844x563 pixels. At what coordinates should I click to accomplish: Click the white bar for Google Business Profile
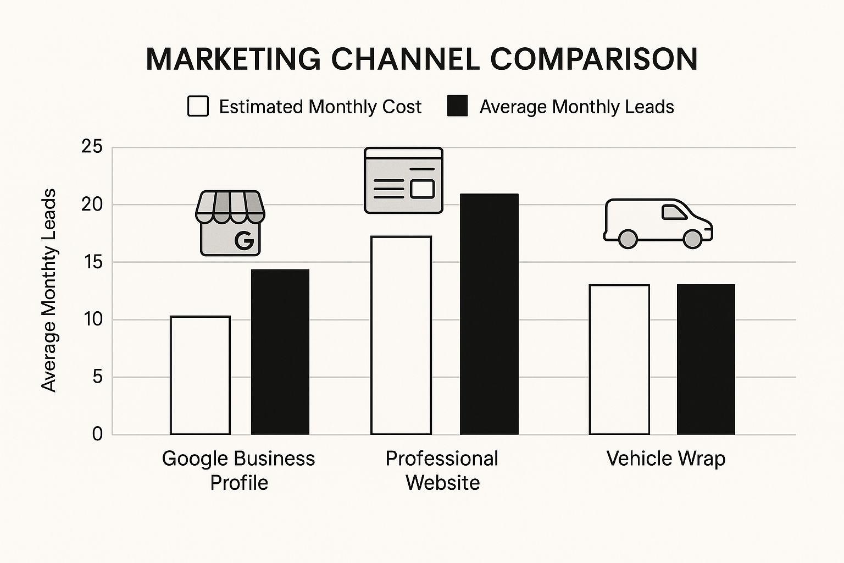(200, 376)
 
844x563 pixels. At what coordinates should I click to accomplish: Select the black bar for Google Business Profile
(280, 352)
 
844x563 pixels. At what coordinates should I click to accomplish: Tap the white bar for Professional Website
(401, 335)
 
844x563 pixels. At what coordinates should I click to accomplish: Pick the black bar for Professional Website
(489, 314)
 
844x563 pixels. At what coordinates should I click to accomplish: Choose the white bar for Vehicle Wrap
(619, 360)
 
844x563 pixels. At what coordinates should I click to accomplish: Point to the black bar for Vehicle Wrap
(706, 360)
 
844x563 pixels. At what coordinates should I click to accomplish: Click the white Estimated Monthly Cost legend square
(198, 106)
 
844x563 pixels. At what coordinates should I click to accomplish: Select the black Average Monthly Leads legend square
(457, 106)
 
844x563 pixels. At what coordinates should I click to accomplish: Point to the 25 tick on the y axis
(92, 147)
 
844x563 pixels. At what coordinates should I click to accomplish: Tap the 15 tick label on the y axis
(92, 262)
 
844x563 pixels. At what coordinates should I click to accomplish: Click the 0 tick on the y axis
(97, 434)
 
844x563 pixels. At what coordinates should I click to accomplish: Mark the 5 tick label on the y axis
(97, 377)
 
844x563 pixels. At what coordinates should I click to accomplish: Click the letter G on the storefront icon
(243, 240)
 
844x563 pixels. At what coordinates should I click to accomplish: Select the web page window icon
(403, 180)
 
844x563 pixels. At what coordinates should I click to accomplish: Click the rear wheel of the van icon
(628, 239)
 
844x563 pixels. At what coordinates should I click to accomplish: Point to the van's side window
(675, 212)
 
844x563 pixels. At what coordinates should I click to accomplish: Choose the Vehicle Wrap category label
(665, 459)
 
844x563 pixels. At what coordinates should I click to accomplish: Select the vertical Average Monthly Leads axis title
(49, 290)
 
